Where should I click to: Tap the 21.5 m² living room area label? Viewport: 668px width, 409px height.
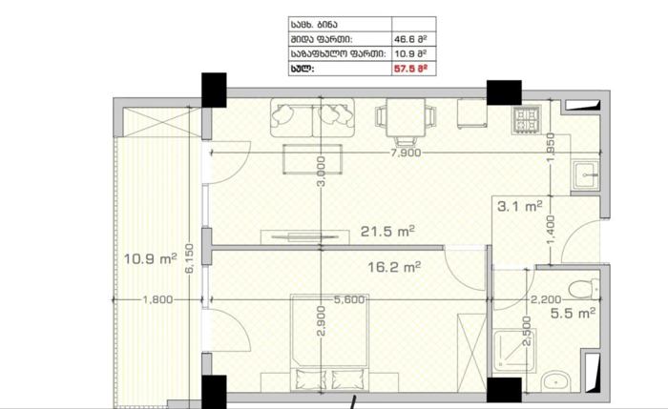387,231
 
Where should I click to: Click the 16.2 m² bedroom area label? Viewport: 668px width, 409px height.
394,267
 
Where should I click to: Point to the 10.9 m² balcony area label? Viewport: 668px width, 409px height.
150,258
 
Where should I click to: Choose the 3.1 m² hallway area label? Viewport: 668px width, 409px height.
520,207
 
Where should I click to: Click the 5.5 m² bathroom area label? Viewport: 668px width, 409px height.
573,314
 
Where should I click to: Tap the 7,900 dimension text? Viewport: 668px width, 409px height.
406,153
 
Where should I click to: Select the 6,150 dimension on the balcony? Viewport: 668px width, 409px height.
190,258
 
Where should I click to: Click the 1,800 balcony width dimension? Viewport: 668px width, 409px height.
157,300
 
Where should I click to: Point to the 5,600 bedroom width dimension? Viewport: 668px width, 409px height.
349,300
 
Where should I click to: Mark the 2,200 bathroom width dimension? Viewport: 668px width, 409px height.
546,300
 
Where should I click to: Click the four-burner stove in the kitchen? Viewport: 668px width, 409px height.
528,119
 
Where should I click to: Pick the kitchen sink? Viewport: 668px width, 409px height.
585,174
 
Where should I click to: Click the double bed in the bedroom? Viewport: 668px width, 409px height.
329,342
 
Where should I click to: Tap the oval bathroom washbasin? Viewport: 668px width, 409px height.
556,381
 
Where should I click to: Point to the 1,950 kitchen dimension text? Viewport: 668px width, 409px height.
551,148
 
